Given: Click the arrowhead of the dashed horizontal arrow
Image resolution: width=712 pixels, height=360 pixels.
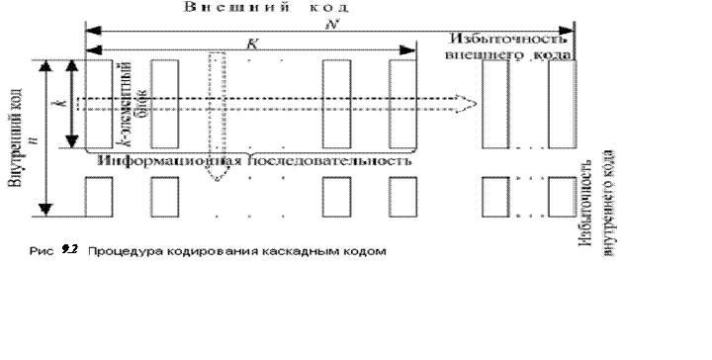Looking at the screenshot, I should (x=463, y=102).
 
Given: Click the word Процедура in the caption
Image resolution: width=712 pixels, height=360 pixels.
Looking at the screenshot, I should (x=118, y=251).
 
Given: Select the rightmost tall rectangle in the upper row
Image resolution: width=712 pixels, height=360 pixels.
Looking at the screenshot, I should (x=563, y=103).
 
